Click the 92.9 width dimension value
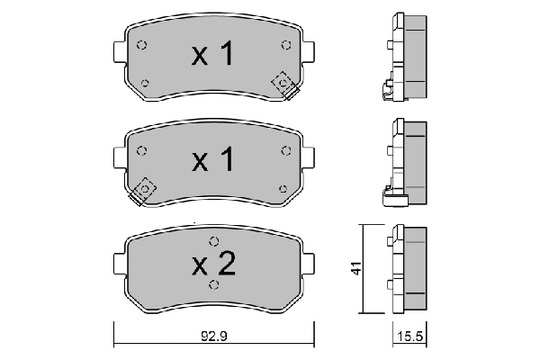(x=214, y=337)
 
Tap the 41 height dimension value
(x=356, y=268)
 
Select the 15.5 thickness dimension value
(x=409, y=337)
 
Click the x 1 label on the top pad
(x=212, y=53)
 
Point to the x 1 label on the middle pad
(x=212, y=159)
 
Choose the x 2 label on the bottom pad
(x=213, y=264)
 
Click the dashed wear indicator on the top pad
(x=285, y=85)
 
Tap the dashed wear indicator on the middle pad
(x=142, y=192)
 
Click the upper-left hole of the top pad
(x=141, y=45)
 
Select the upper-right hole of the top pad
(x=286, y=45)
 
